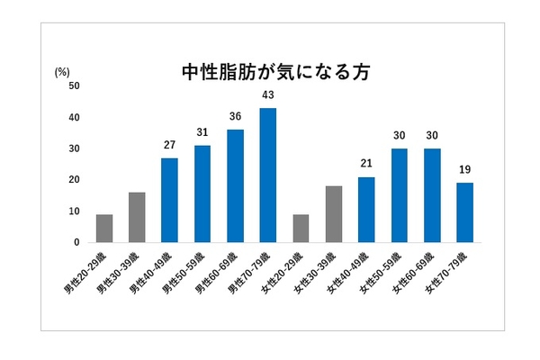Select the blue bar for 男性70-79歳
267,175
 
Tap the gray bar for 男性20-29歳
104,229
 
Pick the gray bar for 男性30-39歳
137,218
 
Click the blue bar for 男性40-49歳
170,201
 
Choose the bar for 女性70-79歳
464,213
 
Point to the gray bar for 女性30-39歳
333,214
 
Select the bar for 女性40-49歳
366,210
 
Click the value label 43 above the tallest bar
267,95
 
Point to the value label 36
235,117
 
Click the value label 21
366,164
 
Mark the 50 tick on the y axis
74,86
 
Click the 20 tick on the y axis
74,180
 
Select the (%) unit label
62,70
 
